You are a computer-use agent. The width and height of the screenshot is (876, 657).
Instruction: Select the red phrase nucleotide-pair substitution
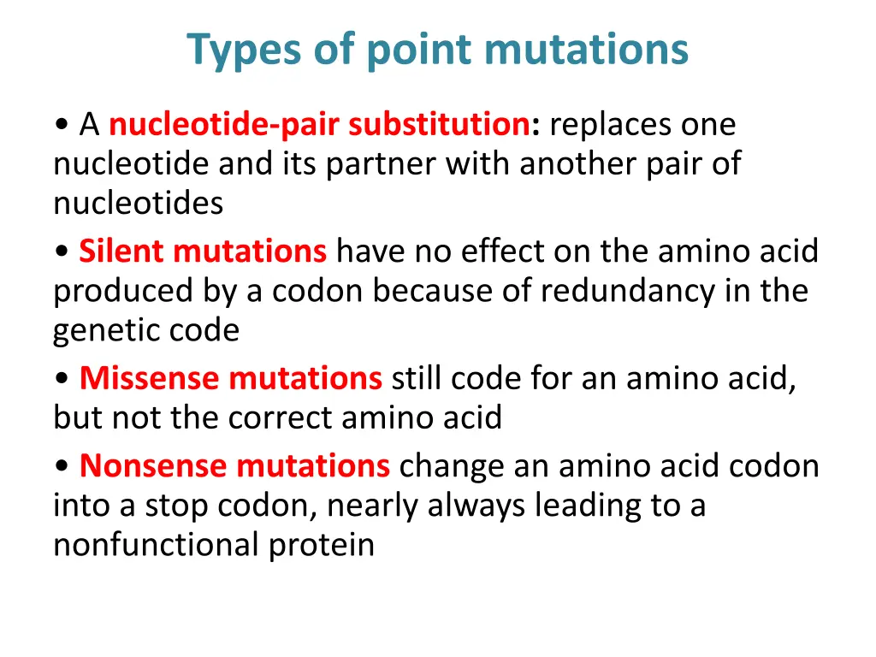[319, 125]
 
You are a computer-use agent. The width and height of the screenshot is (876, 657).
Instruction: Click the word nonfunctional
[156, 545]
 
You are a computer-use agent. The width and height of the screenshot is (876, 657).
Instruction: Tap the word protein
[322, 545]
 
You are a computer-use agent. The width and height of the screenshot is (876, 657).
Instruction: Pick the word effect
[503, 252]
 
